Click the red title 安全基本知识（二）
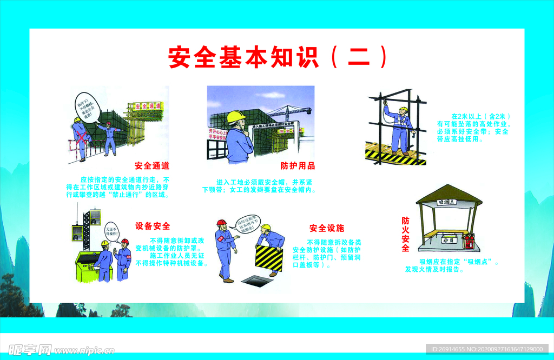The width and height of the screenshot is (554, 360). [278, 57]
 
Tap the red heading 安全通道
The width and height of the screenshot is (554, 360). [152, 166]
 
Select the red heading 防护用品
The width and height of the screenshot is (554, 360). [298, 166]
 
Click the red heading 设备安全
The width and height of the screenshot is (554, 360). [153, 226]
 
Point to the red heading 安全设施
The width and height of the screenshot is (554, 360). [327, 228]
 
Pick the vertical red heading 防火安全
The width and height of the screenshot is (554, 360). [405, 235]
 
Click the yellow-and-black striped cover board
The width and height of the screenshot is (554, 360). [269, 258]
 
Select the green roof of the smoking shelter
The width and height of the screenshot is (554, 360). [449, 195]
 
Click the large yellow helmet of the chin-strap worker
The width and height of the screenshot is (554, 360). [236, 116]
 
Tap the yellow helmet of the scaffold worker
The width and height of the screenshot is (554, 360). [403, 109]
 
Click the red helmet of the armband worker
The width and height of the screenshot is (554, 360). [221, 222]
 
